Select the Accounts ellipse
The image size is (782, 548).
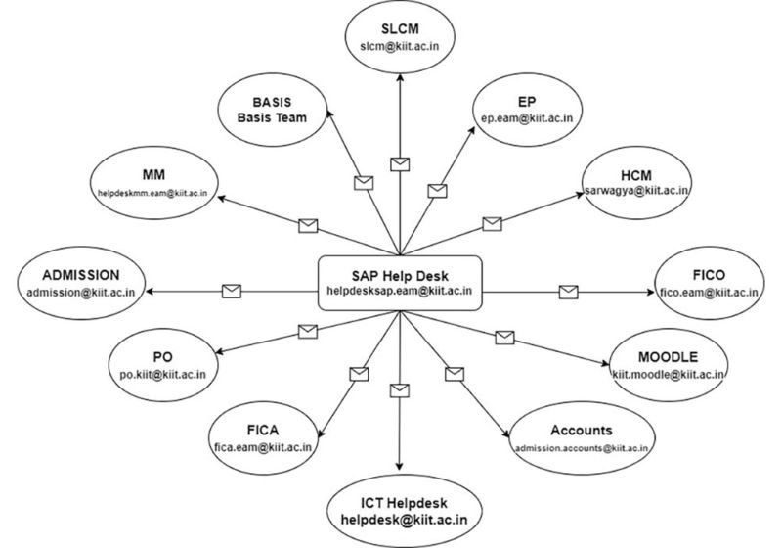(582, 436)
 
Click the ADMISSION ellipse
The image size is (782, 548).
(82, 282)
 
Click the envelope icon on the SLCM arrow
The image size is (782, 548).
(399, 162)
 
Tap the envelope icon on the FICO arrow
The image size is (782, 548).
(567, 291)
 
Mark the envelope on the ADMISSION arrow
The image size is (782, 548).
(232, 291)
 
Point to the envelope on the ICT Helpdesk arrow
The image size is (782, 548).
(398, 390)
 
